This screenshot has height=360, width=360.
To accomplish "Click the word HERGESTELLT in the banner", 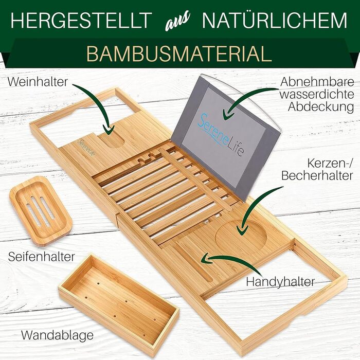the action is tap(81, 20).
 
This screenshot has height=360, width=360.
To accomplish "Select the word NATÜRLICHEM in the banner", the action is tap(274, 20).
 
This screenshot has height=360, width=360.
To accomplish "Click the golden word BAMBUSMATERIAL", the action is tap(179, 53).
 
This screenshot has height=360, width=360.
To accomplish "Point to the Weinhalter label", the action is tap(38, 82).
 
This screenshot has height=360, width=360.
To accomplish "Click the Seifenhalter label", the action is tap(42, 257).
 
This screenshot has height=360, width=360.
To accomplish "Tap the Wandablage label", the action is tap(58, 336).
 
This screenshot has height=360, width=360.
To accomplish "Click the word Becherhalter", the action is tap(317, 176).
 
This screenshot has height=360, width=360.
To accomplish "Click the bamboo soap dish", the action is tap(41, 210).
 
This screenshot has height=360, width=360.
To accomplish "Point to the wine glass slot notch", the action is tap(112, 140).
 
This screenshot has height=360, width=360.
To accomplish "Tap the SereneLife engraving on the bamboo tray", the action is tap(86, 148).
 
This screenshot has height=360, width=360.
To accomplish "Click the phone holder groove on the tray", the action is tap(193, 262).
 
